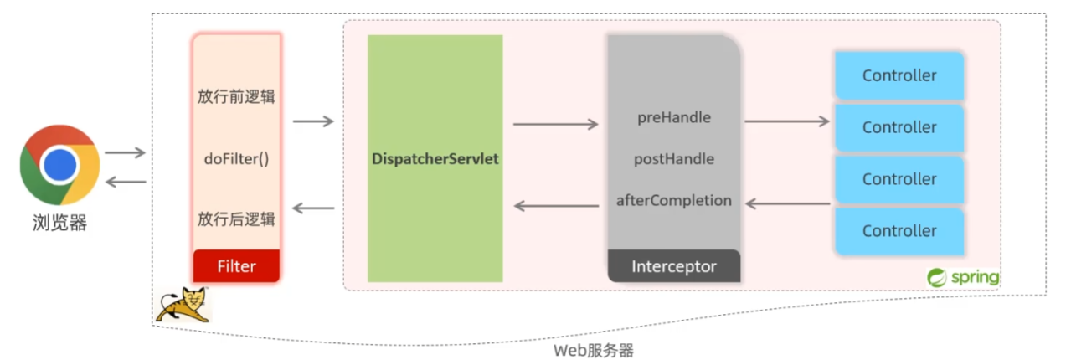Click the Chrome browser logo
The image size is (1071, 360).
coord(59,165)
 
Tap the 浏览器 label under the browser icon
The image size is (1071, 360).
coord(59,223)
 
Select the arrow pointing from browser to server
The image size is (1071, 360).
coord(125,152)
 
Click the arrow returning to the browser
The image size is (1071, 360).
coord(126,182)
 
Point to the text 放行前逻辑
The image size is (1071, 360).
coord(236,96)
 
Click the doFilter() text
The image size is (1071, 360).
coord(236,159)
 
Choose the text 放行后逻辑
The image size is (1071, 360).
coord(236,219)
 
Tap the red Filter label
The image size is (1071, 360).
coord(236,266)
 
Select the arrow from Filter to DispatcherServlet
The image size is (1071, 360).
coord(313,121)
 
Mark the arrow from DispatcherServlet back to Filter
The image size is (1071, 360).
coord(313,208)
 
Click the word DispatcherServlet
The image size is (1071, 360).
coord(435,159)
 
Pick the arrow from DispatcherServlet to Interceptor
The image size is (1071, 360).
coord(555,124)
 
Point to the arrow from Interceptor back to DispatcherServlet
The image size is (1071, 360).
coord(556,206)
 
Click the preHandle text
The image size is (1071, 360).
coord(674,117)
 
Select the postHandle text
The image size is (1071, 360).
coord(674,159)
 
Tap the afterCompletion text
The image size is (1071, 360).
coord(674,200)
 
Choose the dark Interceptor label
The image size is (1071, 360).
coord(674,266)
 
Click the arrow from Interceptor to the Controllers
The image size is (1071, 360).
coord(787,121)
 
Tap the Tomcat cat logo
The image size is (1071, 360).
coord(184,305)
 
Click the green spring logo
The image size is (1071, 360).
coord(962,277)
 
